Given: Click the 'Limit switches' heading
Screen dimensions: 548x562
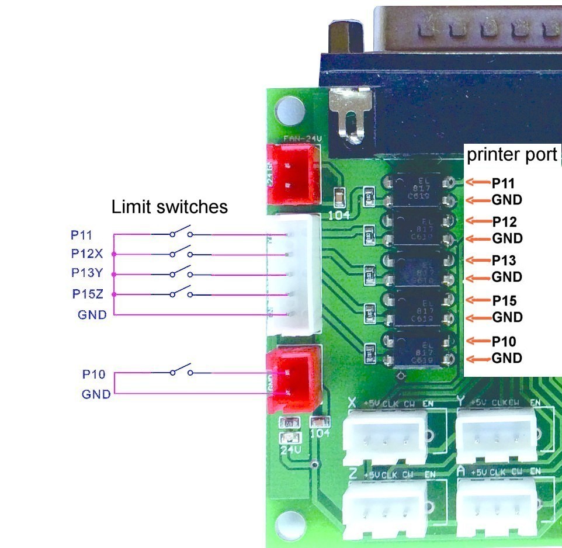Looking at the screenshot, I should (169, 207).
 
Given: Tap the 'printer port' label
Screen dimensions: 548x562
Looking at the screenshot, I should (512, 155).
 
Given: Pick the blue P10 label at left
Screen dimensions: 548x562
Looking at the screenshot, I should (94, 374).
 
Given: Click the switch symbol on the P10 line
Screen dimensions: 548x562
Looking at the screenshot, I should (181, 372).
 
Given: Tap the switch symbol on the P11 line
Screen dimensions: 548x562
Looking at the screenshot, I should (181, 233).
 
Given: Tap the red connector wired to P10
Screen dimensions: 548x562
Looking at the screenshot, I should (293, 379).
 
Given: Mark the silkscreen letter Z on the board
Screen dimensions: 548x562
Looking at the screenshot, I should (353, 472).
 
